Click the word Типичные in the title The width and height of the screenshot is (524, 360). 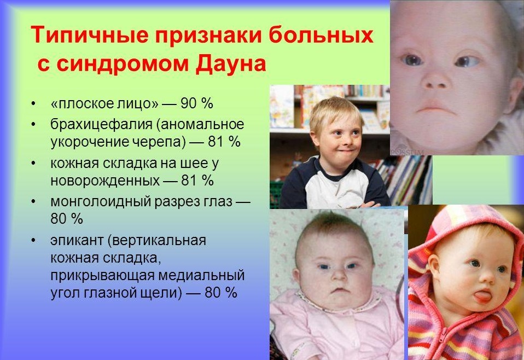click(x=89, y=34)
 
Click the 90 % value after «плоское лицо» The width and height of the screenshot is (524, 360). click(x=197, y=103)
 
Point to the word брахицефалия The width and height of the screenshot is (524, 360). click(x=102, y=125)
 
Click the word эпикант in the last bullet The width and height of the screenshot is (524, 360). click(x=77, y=240)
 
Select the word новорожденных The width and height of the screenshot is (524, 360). click(x=105, y=181)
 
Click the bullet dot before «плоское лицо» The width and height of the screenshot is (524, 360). click(x=33, y=103)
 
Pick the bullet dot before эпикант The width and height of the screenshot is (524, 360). click(x=33, y=241)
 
